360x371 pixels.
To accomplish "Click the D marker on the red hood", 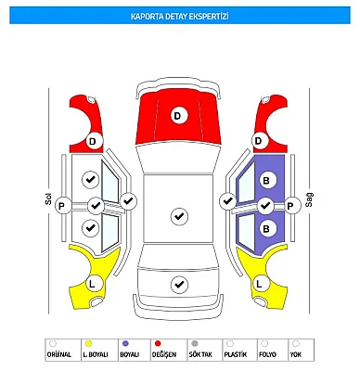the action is pyautogui.click(x=179, y=116).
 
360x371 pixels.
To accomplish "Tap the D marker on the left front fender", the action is pyautogui.click(x=93, y=142).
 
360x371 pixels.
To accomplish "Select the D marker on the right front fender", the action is pyautogui.click(x=259, y=141).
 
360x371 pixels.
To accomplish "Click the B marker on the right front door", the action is pyautogui.click(x=266, y=180).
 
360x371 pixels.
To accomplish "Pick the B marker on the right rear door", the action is pyautogui.click(x=266, y=229).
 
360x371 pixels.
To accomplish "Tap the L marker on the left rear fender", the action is pyautogui.click(x=93, y=283).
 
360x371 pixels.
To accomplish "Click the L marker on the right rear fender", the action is pyautogui.click(x=260, y=283).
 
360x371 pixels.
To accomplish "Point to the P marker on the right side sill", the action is pyautogui.click(x=290, y=206).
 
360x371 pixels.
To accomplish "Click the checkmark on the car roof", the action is pyautogui.click(x=179, y=216).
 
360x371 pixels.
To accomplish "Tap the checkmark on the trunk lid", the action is pyautogui.click(x=179, y=284).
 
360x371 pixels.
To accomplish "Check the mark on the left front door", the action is pyautogui.click(x=91, y=180).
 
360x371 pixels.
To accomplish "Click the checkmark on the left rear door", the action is pyautogui.click(x=91, y=228).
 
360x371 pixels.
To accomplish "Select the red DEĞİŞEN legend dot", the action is pyautogui.click(x=158, y=343).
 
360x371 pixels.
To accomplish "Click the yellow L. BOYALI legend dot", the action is pyautogui.click(x=88, y=343).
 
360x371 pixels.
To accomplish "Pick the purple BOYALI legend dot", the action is pyautogui.click(x=125, y=343).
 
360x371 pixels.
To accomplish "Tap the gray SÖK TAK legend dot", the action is pyautogui.click(x=195, y=343).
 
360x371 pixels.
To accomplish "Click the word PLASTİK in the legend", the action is pyautogui.click(x=236, y=354).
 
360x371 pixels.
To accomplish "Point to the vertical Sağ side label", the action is pyautogui.click(x=309, y=199).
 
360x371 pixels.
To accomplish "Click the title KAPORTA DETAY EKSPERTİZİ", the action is pyautogui.click(x=180, y=16).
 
